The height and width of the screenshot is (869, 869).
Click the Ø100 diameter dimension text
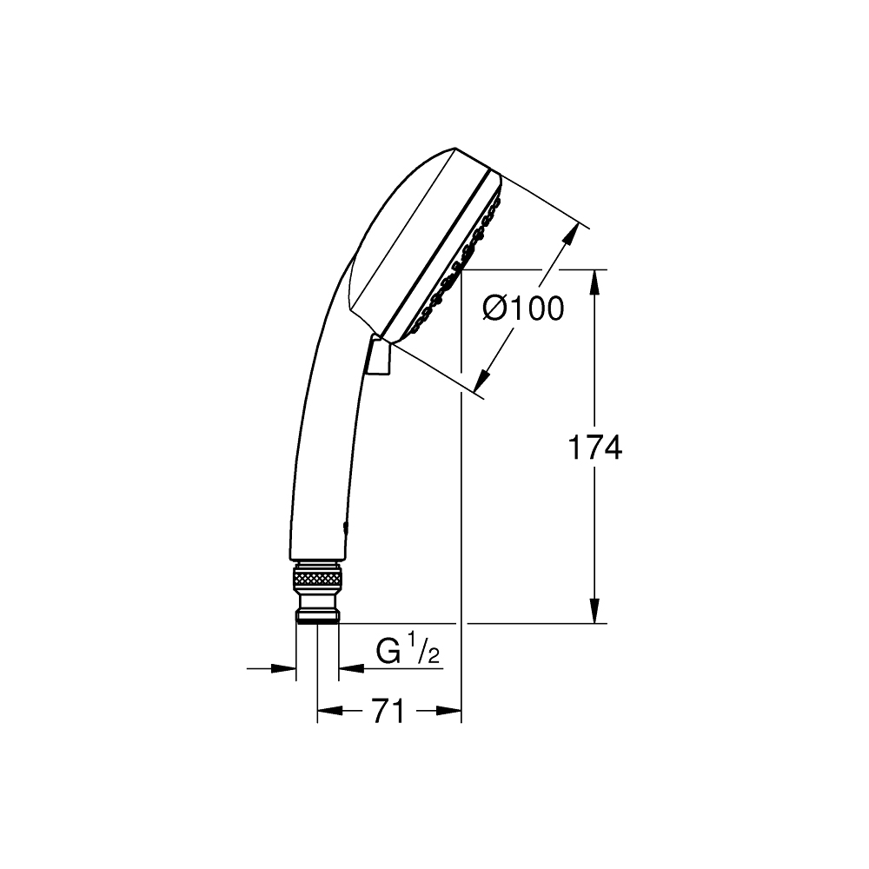[522, 308]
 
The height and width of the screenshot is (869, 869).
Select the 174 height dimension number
[594, 448]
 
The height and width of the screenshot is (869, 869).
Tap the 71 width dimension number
[388, 712]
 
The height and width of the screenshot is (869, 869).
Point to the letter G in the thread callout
[388, 651]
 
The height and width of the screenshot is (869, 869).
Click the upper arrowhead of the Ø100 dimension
[574, 235]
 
